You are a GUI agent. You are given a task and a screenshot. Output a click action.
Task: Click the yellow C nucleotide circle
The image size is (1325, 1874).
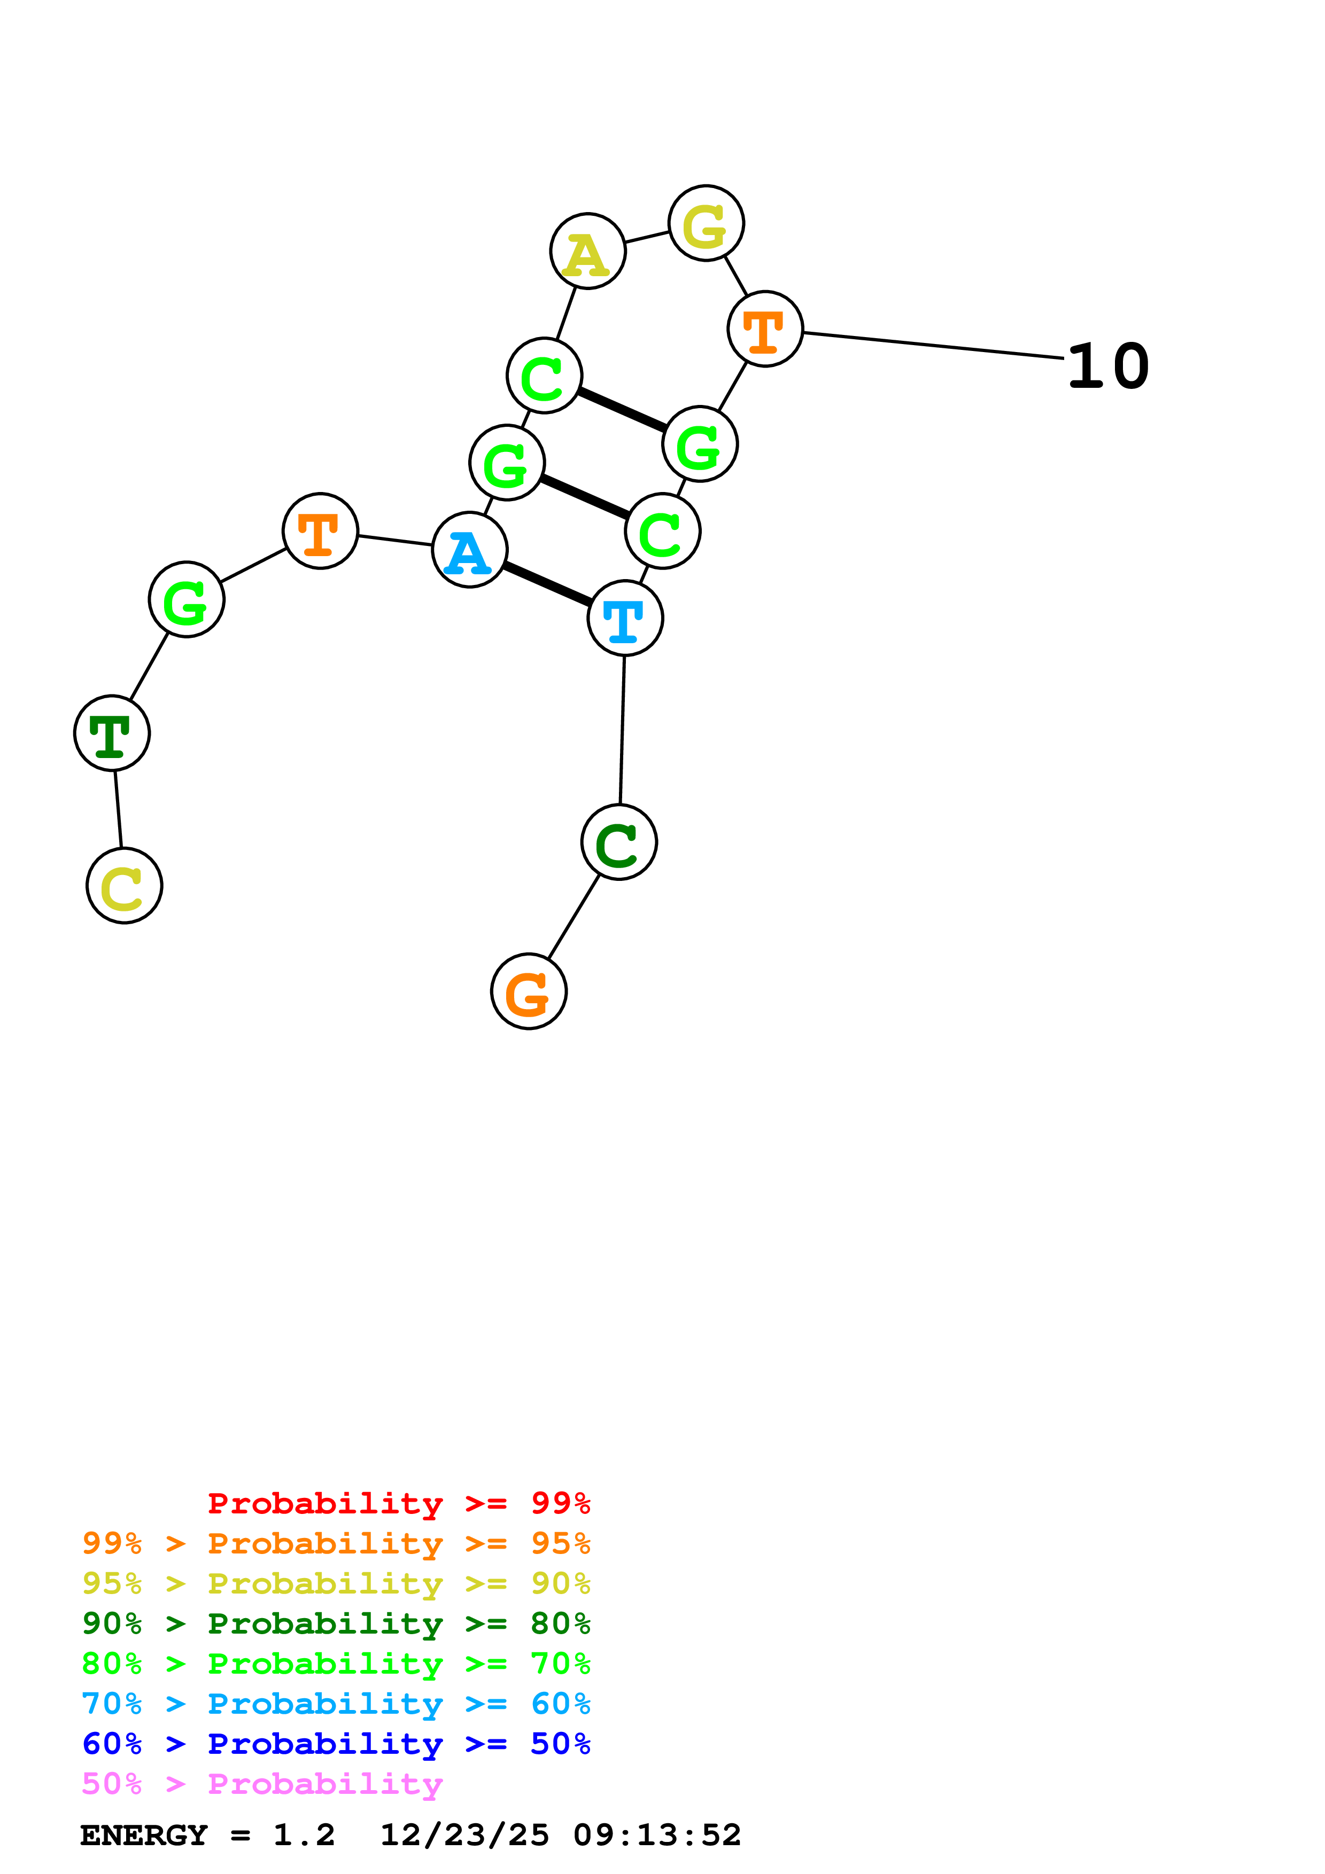click(x=124, y=886)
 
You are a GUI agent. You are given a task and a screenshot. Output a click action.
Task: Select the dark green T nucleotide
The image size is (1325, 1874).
click(x=112, y=733)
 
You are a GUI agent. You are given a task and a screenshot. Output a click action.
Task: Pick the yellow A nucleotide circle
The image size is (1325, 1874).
click(x=588, y=252)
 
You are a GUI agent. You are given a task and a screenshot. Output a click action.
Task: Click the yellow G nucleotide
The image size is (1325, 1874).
click(x=706, y=223)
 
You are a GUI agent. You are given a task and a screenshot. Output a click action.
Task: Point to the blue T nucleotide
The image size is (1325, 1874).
click(x=625, y=618)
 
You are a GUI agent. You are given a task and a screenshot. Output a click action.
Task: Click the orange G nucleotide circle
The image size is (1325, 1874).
click(x=529, y=991)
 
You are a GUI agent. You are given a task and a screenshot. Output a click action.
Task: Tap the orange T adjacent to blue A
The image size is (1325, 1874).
click(x=320, y=530)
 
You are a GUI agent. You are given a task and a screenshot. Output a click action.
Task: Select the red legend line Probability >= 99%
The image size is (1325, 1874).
click(x=398, y=1503)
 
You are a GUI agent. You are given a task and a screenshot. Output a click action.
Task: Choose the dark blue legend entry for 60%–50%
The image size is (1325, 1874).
click(x=336, y=1744)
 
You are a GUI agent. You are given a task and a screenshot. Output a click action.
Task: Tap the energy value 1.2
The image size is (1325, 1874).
click(x=304, y=1835)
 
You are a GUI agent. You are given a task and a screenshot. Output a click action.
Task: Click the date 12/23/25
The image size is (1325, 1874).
click(x=464, y=1835)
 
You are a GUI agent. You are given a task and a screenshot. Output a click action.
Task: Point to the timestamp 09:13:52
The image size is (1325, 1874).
click(x=657, y=1835)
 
